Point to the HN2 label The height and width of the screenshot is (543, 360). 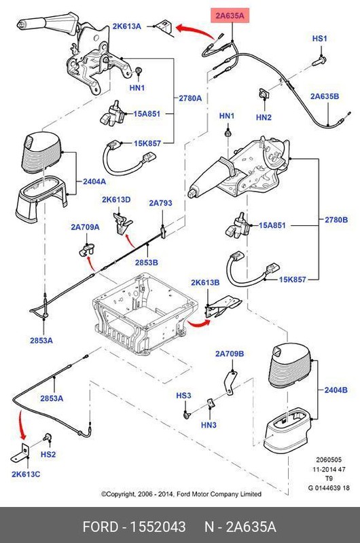[264, 117]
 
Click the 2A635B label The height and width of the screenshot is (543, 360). [325, 96]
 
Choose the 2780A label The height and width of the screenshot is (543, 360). [190, 98]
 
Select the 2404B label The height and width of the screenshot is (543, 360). [336, 390]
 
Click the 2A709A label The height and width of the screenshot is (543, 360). [86, 227]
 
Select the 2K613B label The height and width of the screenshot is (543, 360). [205, 282]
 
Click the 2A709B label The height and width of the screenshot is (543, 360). [230, 354]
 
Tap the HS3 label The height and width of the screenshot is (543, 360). [184, 395]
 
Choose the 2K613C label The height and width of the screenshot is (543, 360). [25, 474]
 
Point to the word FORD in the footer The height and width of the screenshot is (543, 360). [101, 527]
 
